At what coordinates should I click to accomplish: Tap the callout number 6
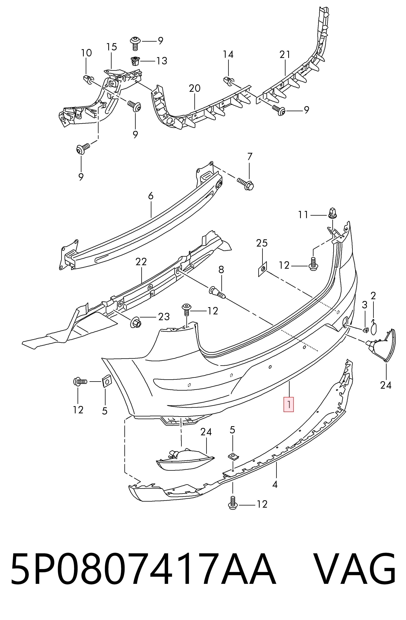point(151,196)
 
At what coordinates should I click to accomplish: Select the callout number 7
point(250,157)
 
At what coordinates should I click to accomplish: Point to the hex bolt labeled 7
point(245,184)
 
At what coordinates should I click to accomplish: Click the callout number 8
point(221,270)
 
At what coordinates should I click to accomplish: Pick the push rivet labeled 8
point(217,293)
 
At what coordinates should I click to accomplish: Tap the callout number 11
point(303,215)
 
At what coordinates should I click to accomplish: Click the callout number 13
point(162,61)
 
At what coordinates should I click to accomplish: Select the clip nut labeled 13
point(135,61)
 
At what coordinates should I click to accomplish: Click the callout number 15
point(111,47)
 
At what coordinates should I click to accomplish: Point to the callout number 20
point(195,88)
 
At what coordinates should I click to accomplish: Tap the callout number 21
point(285,54)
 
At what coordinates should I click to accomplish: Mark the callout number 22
point(141,261)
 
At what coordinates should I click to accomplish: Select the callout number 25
point(262,243)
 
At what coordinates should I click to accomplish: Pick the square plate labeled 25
point(263,269)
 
